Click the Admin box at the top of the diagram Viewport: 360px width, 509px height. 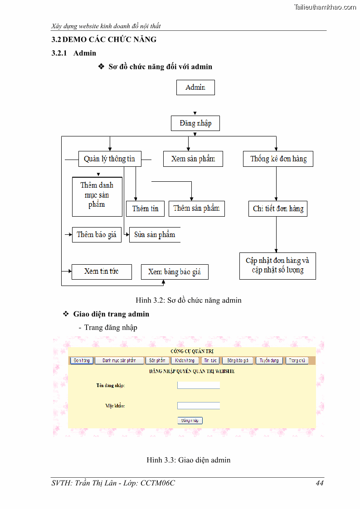[195, 87]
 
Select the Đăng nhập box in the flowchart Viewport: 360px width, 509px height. [195, 123]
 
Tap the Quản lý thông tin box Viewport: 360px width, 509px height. [109, 159]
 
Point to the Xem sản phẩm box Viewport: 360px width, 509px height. [193, 159]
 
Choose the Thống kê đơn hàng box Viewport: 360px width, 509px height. [278, 159]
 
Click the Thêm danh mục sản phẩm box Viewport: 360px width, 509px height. [97, 196]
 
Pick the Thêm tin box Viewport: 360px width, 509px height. [145, 208]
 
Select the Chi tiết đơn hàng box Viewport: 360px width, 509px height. [278, 209]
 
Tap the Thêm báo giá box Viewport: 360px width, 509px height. [97, 235]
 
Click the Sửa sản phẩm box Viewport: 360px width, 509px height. [155, 235]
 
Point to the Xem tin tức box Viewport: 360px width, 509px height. [102, 271]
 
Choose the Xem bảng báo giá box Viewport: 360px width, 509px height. [175, 272]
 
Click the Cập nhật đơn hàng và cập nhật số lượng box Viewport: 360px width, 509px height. [277, 266]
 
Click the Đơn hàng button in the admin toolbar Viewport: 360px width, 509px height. [82, 361]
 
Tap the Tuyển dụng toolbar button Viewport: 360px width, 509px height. [269, 361]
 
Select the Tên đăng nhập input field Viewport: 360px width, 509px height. [199, 385]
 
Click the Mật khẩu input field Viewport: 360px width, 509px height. [199, 406]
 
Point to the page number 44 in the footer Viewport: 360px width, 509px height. [320, 483]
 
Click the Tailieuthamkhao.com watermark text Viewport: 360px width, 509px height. [325, 7]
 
